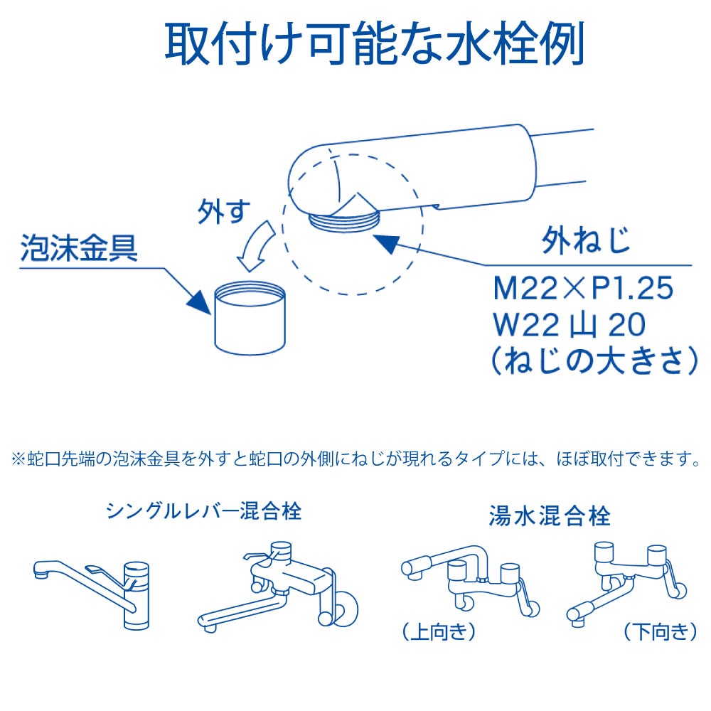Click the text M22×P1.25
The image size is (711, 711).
(583, 289)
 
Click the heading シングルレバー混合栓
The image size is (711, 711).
(203, 510)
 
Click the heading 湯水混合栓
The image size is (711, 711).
(550, 515)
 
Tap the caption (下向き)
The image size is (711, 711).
(659, 631)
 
